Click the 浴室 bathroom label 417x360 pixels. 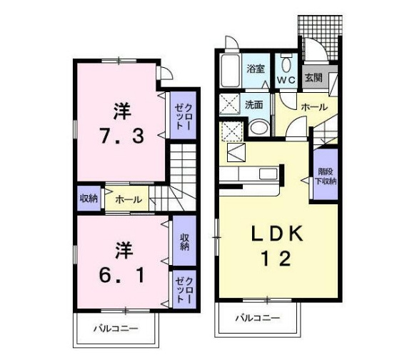(x=256, y=69)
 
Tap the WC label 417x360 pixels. (x=286, y=79)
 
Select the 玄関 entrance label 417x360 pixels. (x=313, y=78)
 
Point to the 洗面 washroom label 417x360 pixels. (x=254, y=105)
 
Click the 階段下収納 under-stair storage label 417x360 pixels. (x=326, y=176)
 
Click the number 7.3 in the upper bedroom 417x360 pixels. (x=122, y=136)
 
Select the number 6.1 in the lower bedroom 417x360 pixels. (x=122, y=275)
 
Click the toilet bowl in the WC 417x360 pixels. (x=286, y=64)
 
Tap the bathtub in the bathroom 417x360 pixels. (x=231, y=70)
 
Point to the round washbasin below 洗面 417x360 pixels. (x=258, y=128)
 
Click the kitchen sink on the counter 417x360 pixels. (x=268, y=174)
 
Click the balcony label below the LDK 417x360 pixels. (x=258, y=318)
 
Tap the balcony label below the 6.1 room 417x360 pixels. (x=116, y=329)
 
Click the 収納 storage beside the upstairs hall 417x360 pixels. (x=89, y=199)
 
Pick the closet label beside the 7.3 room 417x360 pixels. (x=184, y=116)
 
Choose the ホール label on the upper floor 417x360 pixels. (x=129, y=199)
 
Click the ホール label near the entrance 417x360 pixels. (x=314, y=107)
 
